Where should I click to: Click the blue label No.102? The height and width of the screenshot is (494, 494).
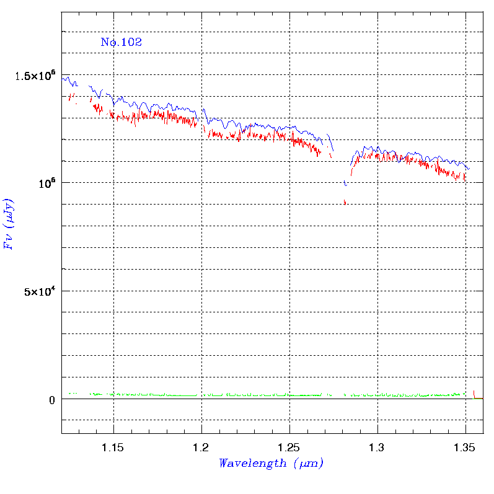(x=121, y=42)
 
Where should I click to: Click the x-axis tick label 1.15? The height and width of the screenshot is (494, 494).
(x=112, y=448)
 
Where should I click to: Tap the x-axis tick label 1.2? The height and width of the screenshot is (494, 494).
(x=201, y=448)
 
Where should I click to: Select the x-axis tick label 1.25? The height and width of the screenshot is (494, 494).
(x=289, y=448)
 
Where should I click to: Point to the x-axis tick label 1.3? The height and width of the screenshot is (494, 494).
(x=376, y=448)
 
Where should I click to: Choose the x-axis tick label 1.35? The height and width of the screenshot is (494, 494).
(x=464, y=448)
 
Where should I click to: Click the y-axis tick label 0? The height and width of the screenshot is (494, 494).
(x=52, y=400)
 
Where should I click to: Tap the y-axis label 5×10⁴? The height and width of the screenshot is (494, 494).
(x=40, y=291)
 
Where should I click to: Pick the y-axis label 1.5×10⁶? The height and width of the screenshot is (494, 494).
(x=35, y=75)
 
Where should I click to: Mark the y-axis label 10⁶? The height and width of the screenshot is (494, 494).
(x=47, y=183)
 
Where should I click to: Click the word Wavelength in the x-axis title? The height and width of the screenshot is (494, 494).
(x=253, y=463)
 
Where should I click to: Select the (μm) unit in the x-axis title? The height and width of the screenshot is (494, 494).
(x=309, y=464)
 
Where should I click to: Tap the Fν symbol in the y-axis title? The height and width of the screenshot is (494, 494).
(x=9, y=242)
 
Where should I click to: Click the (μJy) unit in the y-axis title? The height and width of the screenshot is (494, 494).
(x=9, y=213)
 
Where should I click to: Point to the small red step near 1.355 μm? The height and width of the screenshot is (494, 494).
(x=478, y=396)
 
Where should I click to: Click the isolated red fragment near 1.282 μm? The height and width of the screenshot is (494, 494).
(x=345, y=202)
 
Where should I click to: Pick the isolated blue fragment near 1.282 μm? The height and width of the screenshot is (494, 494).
(x=345, y=183)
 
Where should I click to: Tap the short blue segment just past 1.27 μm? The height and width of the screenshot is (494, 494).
(x=330, y=142)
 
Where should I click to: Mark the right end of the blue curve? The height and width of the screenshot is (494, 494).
(x=469, y=169)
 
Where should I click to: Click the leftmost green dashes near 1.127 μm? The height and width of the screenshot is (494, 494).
(x=73, y=393)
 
